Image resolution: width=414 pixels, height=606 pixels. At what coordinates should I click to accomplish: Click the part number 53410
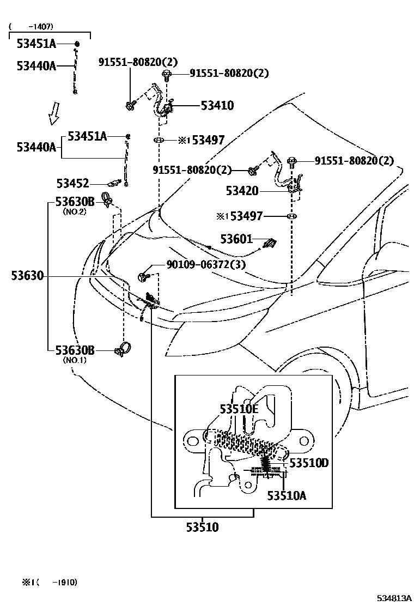217,106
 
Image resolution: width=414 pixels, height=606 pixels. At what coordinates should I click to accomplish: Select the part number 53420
243,191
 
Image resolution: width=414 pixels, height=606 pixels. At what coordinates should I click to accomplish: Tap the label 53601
236,239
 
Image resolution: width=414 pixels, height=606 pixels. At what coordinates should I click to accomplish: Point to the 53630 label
27,276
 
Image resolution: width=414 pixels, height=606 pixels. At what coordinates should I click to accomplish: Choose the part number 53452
73,184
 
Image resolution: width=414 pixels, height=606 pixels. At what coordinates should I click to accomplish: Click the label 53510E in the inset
239,409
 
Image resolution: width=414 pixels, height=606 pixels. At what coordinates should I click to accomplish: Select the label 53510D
309,463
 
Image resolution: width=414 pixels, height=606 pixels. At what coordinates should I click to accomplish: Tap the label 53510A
286,495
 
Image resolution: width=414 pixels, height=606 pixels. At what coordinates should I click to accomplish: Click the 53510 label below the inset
202,527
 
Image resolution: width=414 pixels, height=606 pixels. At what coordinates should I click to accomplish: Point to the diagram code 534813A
391,598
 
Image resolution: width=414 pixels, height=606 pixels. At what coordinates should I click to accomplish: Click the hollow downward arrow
53,114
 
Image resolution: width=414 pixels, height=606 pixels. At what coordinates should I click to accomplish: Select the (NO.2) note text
75,211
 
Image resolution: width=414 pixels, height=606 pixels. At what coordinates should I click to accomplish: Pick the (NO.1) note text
75,359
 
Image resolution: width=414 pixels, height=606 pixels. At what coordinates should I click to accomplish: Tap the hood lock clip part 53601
269,244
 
